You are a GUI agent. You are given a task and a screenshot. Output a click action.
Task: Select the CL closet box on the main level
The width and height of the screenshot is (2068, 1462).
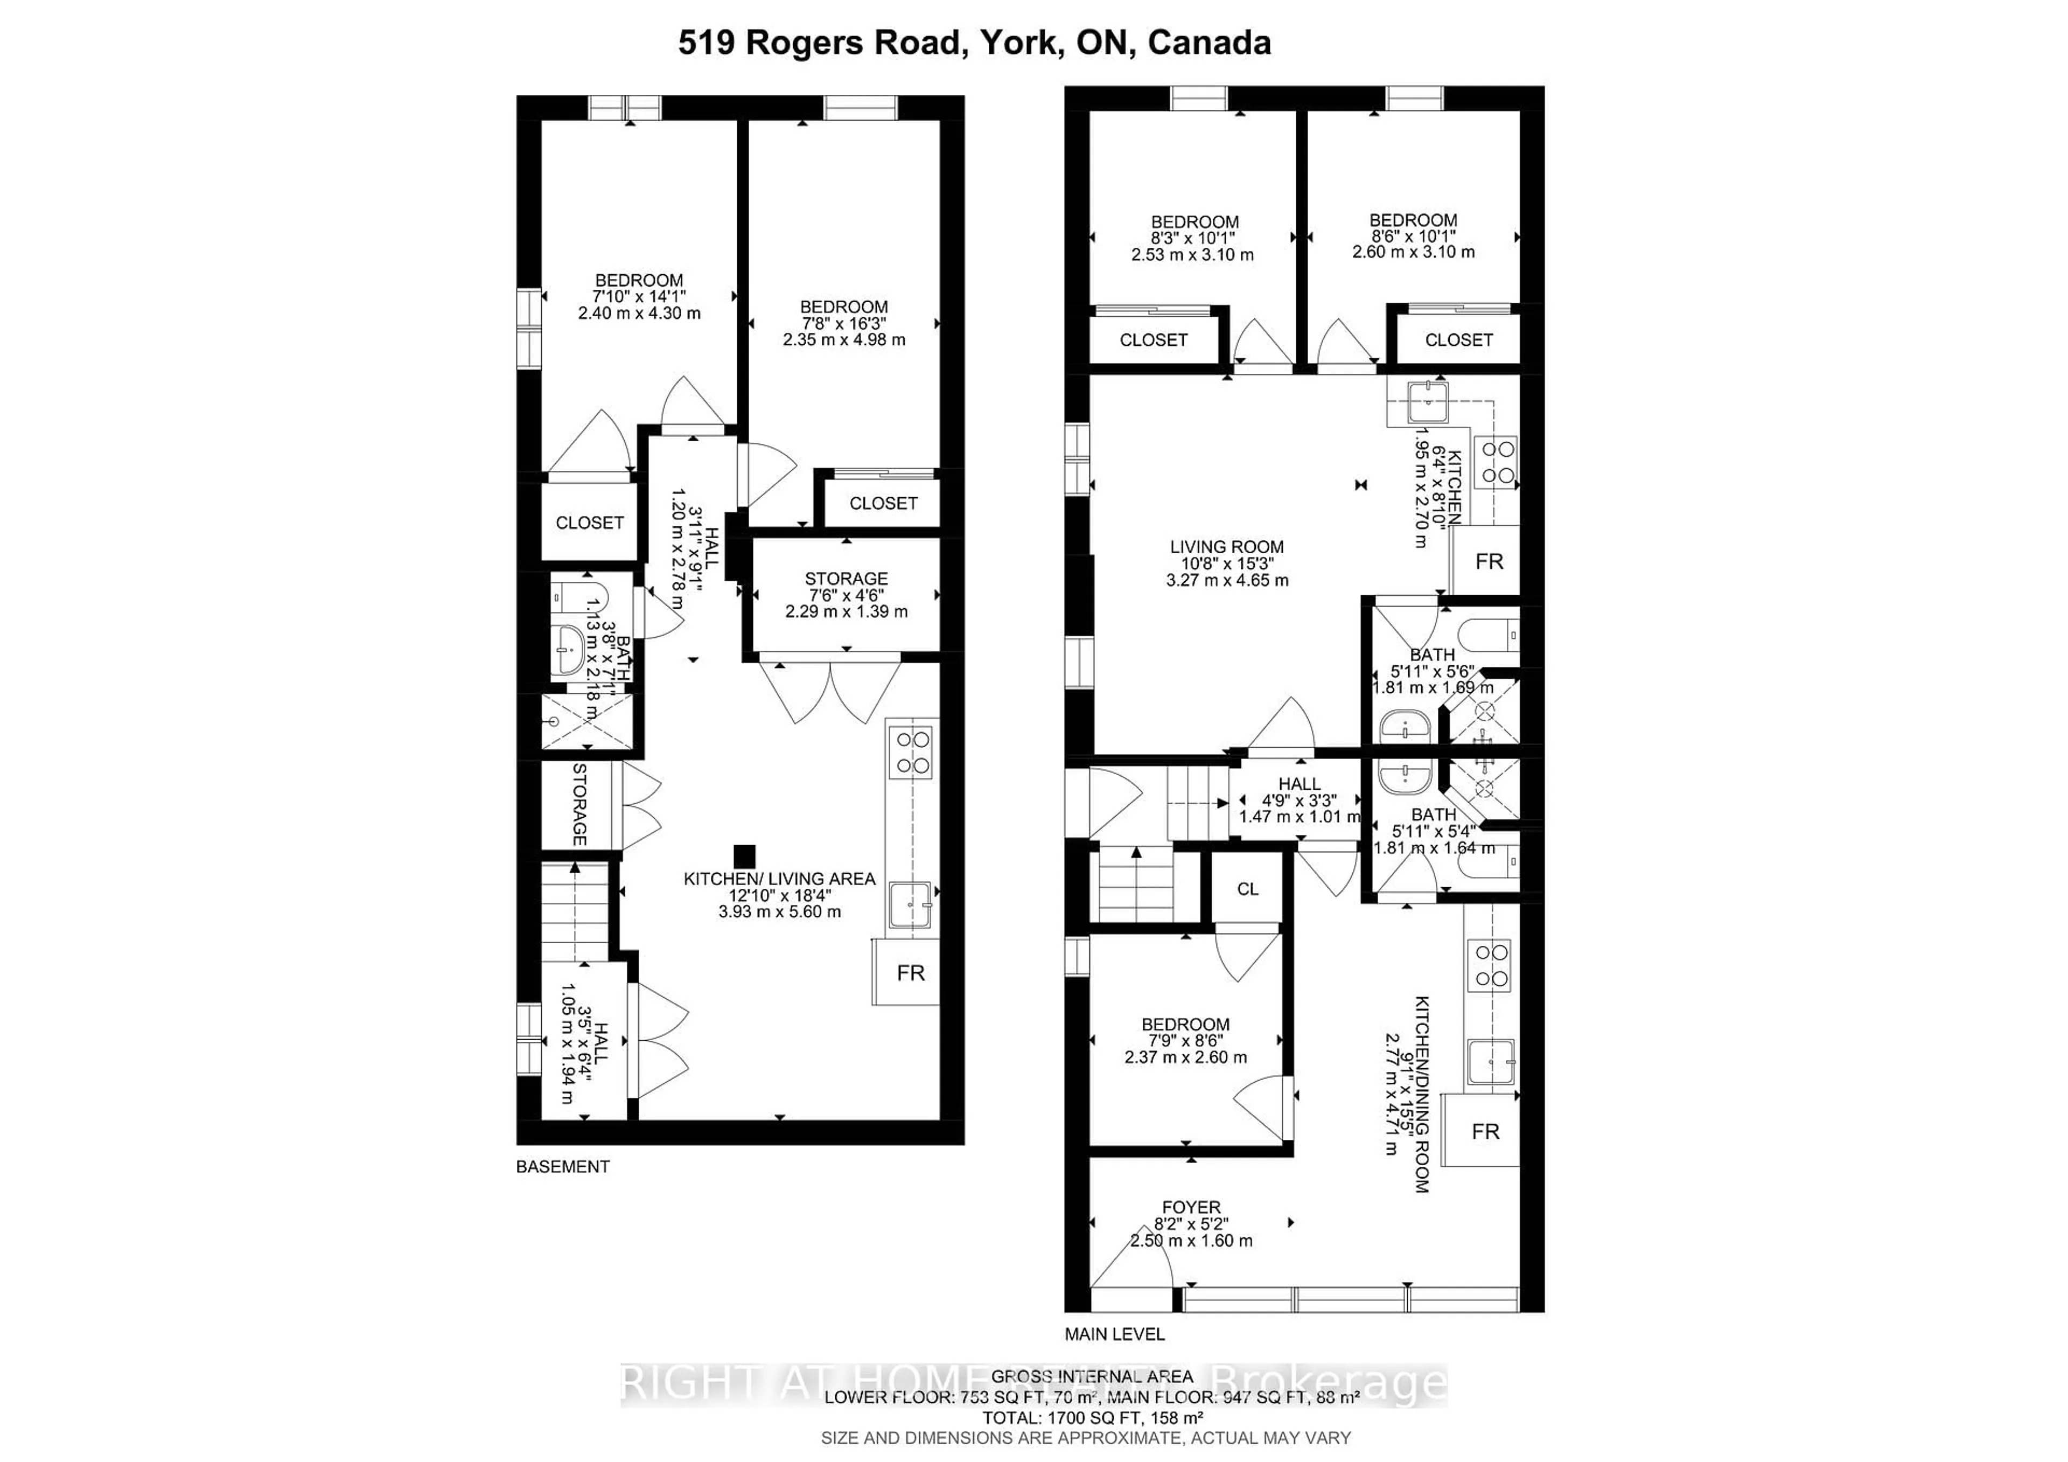[x=1247, y=889]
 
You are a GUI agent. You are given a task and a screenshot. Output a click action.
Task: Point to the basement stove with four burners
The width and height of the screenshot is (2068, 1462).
[x=910, y=752]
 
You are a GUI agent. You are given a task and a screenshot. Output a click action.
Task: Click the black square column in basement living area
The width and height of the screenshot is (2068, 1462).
[x=743, y=856]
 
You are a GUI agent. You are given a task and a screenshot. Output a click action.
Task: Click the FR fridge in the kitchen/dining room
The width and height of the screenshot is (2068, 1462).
[x=1484, y=1131]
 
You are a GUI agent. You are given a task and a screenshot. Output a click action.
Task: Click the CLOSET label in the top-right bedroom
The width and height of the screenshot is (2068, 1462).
[x=1458, y=339]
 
